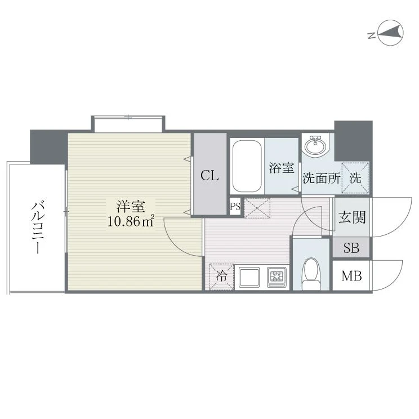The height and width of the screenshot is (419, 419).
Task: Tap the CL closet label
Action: (x=210, y=176)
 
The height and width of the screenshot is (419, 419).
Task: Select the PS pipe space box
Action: (x=235, y=206)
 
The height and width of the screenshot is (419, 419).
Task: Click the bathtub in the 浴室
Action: (x=247, y=166)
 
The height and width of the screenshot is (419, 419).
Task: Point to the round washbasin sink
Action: (x=315, y=146)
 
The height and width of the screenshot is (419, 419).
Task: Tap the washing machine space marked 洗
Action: (x=355, y=178)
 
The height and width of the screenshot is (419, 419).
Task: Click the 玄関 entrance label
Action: (x=351, y=217)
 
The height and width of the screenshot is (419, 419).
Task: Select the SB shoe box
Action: (x=351, y=248)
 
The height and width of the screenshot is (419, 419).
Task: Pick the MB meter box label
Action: (x=351, y=275)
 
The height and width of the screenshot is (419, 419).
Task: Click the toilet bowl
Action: (x=311, y=274)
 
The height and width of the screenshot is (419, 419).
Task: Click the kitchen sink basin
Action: (x=249, y=277)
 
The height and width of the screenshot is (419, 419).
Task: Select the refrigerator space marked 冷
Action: (x=221, y=277)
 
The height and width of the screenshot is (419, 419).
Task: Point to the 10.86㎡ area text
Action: (x=131, y=221)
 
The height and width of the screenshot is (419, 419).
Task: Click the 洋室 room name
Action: (x=131, y=206)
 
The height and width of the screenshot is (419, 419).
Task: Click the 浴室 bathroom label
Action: (x=282, y=168)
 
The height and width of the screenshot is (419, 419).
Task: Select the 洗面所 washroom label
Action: (x=322, y=178)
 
